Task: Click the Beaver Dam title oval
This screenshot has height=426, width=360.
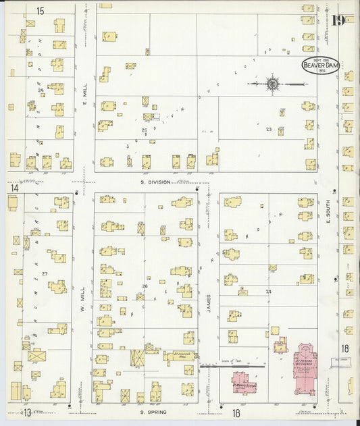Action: pyautogui.click(x=319, y=65)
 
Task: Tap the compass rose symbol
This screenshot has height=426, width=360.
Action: pyautogui.click(x=272, y=84)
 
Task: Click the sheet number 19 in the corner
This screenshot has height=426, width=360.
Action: pyautogui.click(x=338, y=19)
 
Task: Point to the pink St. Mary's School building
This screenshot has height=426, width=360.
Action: pyautogui.click(x=241, y=383)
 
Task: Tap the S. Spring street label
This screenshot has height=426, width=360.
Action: pyautogui.click(x=153, y=410)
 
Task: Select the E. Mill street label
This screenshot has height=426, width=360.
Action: pyautogui.click(x=85, y=94)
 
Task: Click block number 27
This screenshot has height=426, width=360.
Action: pyautogui.click(x=45, y=273)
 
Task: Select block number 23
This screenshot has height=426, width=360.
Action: pyautogui.click(x=269, y=129)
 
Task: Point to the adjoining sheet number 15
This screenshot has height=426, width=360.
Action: pyautogui.click(x=40, y=11)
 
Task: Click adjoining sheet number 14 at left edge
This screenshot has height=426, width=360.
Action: pyautogui.click(x=14, y=188)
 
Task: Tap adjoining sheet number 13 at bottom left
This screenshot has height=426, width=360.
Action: pyautogui.click(x=28, y=412)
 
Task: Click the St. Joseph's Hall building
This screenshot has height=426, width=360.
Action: pyautogui.click(x=179, y=354)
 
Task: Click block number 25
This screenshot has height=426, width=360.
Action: pyautogui.click(x=144, y=130)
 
